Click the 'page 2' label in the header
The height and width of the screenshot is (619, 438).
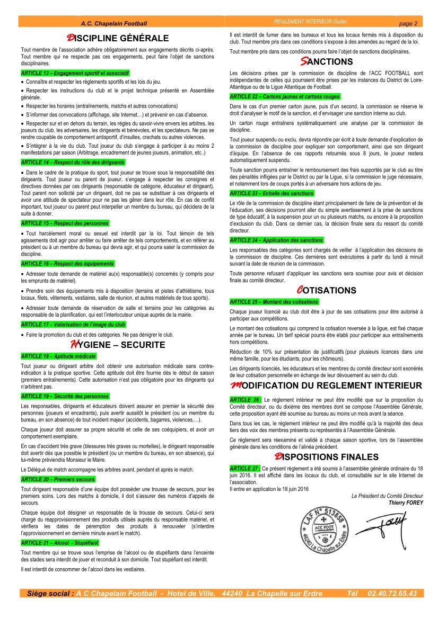coord(408,23)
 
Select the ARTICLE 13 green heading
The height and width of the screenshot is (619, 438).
coord(75,73)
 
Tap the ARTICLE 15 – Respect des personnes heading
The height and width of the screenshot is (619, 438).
coord(65,223)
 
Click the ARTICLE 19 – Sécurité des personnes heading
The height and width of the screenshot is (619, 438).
coord(65,396)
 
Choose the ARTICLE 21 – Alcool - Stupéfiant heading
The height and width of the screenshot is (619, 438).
coord(60,543)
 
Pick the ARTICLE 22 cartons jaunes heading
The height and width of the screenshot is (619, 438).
coord(285,97)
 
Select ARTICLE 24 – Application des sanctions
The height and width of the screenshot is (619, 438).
coord(276,240)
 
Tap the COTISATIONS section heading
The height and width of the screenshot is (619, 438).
coord(326,290)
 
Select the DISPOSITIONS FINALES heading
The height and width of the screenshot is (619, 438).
coord(326,456)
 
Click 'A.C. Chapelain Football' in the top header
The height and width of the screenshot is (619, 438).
coord(114,23)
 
